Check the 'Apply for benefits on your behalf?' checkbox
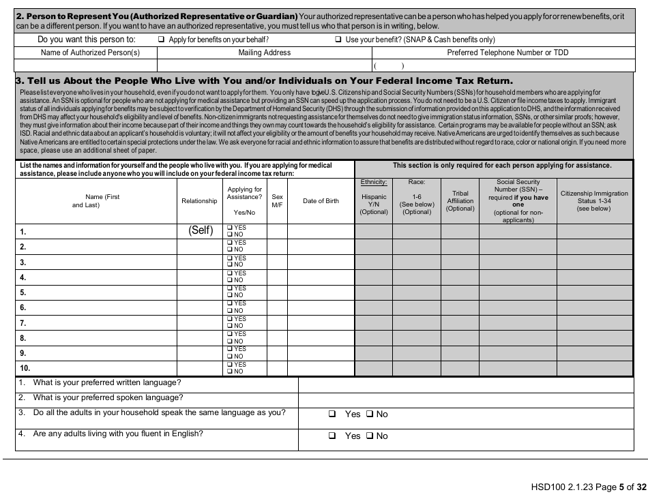click(162, 40)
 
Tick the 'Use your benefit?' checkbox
click(338, 40)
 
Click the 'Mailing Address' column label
click(265, 52)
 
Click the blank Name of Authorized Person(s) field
click(86, 65)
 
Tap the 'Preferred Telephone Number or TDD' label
click(507, 52)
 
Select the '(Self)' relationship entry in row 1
click(201, 230)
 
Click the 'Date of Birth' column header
click(321, 201)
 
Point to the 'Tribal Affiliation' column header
click(460, 201)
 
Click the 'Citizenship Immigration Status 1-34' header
click(594, 201)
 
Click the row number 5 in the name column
click(23, 292)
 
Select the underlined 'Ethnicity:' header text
click(374, 182)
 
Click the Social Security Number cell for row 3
click(518, 262)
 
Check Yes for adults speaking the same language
click(332, 414)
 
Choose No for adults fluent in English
click(369, 436)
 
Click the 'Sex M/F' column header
click(277, 201)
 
